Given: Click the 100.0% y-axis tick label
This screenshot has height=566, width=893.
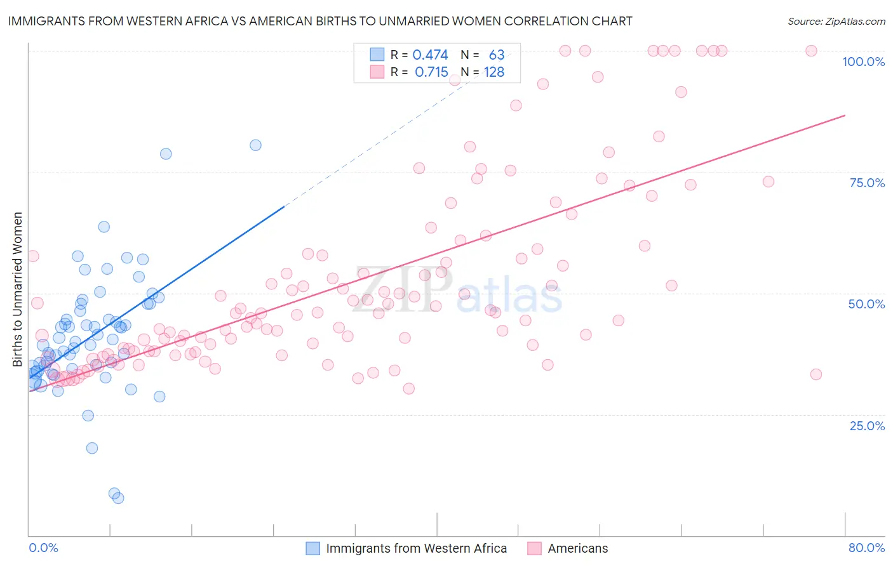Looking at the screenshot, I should pyautogui.click(x=863, y=62).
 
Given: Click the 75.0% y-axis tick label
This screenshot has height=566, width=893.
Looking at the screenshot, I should pyautogui.click(x=867, y=183).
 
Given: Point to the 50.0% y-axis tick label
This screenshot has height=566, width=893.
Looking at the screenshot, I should pyautogui.click(x=866, y=304).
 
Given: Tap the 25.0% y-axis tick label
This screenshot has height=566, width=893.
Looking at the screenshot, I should pyautogui.click(x=867, y=425).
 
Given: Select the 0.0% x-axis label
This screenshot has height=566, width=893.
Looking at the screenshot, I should pyautogui.click(x=43, y=548).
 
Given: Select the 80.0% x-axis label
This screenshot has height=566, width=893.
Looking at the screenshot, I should pyautogui.click(x=866, y=548).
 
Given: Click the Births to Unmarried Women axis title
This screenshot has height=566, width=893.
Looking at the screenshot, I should pyautogui.click(x=18, y=289).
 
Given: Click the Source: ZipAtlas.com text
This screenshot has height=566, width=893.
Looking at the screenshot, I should pyautogui.click(x=836, y=22).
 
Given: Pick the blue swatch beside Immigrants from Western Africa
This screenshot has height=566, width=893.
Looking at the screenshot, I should pyautogui.click(x=313, y=548).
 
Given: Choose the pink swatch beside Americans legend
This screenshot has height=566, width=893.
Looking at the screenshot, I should pyautogui.click(x=534, y=548).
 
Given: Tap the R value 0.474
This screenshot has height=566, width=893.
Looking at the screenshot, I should pyautogui.click(x=430, y=55).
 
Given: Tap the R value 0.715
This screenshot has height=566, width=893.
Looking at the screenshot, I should pyautogui.click(x=431, y=72).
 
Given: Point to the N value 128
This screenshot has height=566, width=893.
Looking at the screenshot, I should pyautogui.click(x=493, y=72).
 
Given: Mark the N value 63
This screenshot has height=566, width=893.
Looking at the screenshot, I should pyautogui.click(x=496, y=55).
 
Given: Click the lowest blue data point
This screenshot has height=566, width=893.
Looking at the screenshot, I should pyautogui.click(x=118, y=498).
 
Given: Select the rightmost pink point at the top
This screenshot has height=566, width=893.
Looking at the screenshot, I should pyautogui.click(x=811, y=51).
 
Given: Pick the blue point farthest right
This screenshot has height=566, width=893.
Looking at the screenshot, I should pyautogui.click(x=255, y=145).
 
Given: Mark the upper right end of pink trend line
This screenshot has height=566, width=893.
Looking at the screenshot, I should pyautogui.click(x=845, y=115).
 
